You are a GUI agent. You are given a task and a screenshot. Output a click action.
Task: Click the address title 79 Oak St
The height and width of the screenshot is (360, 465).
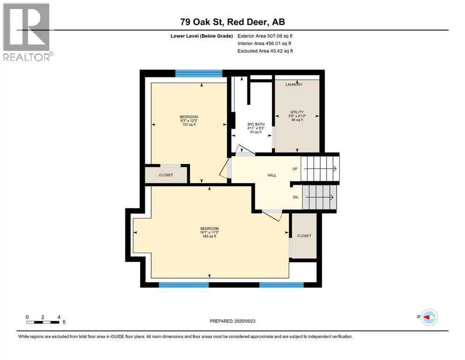tap(232, 22)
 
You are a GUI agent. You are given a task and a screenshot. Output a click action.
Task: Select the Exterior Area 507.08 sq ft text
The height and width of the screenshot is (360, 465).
tap(265, 36)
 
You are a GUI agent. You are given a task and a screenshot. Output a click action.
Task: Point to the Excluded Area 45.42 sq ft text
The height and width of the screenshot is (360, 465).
tap(265, 51)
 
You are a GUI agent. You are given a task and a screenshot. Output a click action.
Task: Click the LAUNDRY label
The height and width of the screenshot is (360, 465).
tap(294, 85)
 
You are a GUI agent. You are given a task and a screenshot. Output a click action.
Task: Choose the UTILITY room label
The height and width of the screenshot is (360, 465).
tap(297, 112)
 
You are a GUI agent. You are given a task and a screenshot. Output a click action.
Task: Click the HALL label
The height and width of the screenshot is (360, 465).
tap(272, 175)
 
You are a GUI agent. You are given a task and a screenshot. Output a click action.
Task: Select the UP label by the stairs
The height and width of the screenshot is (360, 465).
tap(295, 169)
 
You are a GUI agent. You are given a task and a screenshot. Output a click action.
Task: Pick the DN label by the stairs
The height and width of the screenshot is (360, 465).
tap(295, 197)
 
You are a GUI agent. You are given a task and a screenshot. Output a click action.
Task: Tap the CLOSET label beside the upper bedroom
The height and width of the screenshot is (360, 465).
tap(166, 175)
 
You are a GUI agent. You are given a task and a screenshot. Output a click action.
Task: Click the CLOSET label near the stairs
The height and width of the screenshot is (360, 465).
tap(304, 236)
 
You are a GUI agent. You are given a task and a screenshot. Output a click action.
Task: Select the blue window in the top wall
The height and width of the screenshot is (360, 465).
tap(199, 73)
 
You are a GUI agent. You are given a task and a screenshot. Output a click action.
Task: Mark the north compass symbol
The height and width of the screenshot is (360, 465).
tap(428, 317)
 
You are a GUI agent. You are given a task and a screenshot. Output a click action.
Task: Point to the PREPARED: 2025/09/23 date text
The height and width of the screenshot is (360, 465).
tap(232, 321)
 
